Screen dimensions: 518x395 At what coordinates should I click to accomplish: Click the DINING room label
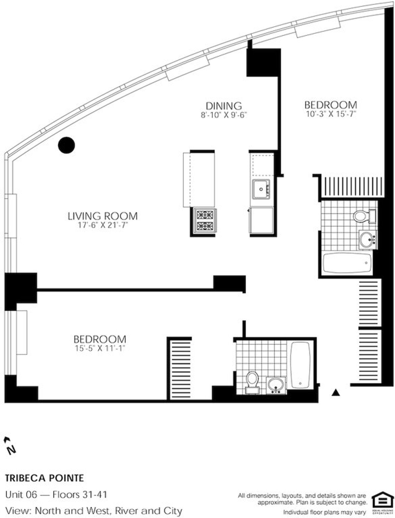224,106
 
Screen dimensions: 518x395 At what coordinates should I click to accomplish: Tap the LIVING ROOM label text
102,216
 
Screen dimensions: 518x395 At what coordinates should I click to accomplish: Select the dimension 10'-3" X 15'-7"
330,114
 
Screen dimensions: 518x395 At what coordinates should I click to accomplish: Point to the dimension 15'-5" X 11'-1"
100,348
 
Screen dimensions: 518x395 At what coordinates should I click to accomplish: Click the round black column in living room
66,145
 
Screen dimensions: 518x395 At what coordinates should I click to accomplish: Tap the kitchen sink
261,189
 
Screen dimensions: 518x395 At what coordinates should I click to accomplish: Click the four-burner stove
203,221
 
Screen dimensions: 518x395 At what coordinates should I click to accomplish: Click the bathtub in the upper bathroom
348,263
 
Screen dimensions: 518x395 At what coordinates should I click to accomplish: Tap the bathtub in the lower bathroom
301,364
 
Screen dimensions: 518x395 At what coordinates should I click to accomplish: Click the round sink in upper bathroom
366,239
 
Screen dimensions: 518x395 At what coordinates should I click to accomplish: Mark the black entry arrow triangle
335,392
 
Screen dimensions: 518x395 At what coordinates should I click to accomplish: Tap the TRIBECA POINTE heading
44,478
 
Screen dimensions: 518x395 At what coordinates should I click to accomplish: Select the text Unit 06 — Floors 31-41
56,495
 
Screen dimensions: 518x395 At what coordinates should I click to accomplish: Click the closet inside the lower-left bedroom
179,368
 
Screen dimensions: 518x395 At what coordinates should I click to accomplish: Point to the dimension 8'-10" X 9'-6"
224,115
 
